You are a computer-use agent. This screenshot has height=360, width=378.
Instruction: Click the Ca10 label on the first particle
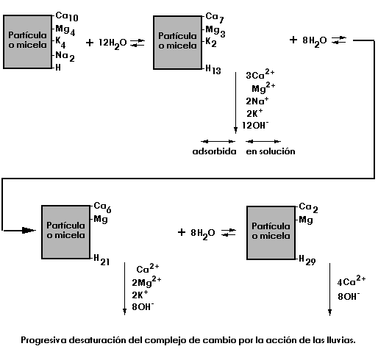(67, 17)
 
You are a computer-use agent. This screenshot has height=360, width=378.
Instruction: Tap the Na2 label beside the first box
(65, 57)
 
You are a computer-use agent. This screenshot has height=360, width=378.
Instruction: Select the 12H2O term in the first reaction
(113, 43)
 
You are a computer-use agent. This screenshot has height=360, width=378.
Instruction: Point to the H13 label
(213, 69)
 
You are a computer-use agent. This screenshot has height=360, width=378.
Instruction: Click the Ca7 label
(215, 18)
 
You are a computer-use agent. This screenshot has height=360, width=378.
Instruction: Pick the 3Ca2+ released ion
(260, 74)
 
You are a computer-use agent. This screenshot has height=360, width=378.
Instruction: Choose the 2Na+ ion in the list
(257, 101)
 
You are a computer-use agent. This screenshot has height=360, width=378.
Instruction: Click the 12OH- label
(255, 125)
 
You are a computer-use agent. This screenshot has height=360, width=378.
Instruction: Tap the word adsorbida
(215, 151)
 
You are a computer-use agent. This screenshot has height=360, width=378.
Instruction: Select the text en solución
(271, 151)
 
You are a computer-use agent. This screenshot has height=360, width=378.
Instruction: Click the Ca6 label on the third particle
(102, 207)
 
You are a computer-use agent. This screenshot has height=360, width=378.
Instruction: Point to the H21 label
(101, 260)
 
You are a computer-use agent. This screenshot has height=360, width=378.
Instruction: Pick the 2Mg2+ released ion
(146, 281)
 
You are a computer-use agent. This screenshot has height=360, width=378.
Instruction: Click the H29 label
(307, 261)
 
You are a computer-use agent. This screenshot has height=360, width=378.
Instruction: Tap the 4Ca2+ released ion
(352, 281)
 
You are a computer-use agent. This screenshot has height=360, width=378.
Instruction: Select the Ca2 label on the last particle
(308, 208)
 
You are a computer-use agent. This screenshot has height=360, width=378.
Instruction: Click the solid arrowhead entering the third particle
(29, 230)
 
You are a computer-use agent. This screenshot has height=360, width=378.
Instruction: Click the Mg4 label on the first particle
(65, 30)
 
